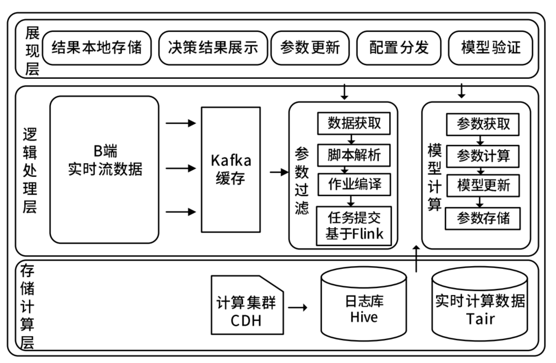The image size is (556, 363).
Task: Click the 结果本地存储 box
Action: point(96,48)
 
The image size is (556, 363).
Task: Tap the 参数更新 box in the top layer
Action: point(310,48)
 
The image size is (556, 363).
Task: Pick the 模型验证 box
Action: point(490,48)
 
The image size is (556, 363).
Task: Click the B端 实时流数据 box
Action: point(104,162)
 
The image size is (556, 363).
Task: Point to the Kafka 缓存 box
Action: point(231,169)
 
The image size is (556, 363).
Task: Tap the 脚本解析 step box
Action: point(354,155)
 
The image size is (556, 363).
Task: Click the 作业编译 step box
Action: point(354,185)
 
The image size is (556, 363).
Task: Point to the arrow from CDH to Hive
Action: point(297,308)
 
